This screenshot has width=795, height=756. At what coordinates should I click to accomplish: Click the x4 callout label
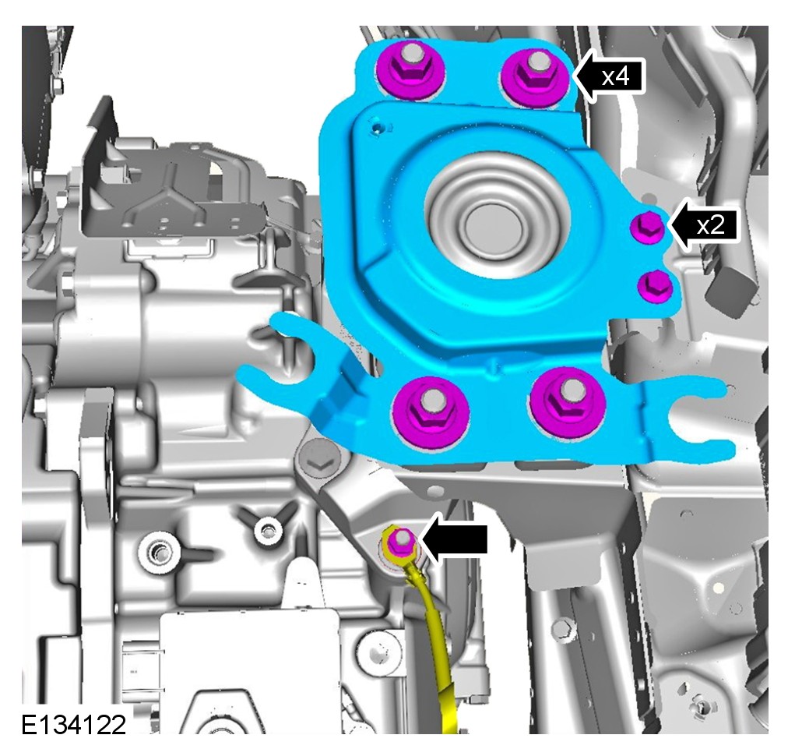(x=615, y=76)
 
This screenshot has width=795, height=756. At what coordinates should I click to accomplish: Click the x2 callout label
(x=710, y=224)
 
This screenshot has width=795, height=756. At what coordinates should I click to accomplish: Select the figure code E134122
(x=74, y=725)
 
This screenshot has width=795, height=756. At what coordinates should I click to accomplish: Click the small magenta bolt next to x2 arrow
(x=647, y=228)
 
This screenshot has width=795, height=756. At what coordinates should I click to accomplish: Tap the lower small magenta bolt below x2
(x=655, y=287)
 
